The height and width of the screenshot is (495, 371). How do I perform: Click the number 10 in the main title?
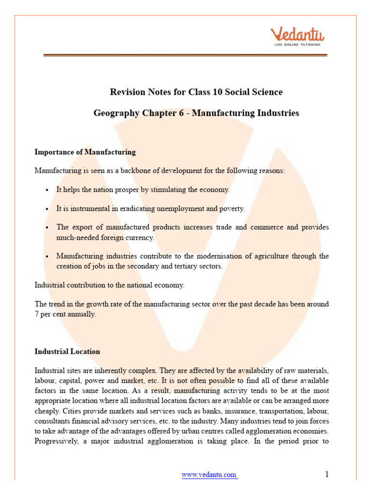coord(203,91)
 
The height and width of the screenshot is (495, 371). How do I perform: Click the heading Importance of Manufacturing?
coord(85,152)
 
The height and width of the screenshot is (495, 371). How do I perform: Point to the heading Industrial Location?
coord(67,351)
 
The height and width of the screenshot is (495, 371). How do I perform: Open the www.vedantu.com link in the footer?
coord(209,475)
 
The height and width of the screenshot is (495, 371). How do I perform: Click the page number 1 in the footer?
coord(327,474)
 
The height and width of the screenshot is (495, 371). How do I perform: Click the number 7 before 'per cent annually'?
coord(37,314)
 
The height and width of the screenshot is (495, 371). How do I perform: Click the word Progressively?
coord(56,440)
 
